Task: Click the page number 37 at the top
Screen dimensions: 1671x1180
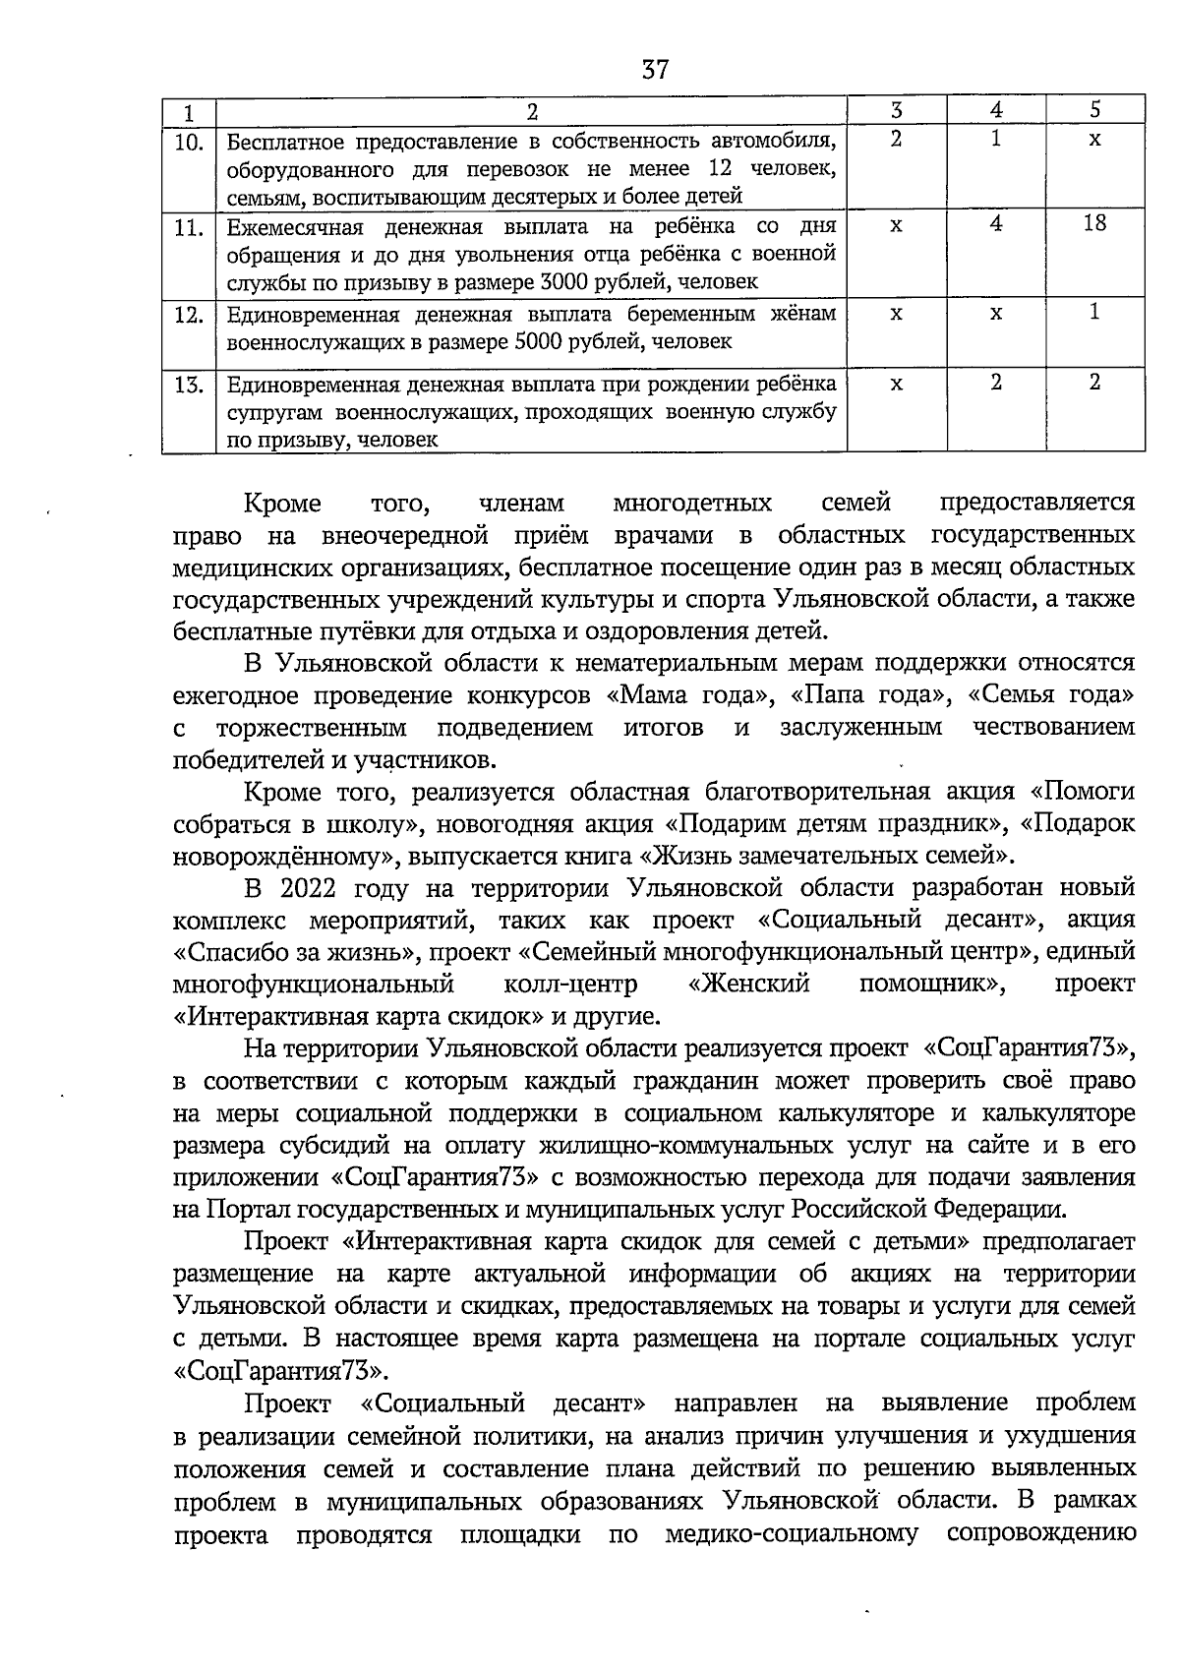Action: pos(655,70)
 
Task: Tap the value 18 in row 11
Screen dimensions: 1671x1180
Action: pos(1094,223)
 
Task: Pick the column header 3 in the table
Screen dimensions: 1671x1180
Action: pos(895,110)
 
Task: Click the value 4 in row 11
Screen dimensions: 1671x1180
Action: pos(996,223)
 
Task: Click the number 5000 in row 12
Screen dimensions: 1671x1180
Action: pos(537,341)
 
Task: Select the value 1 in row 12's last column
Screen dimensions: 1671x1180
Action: pos(1094,312)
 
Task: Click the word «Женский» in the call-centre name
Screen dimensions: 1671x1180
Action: pos(749,984)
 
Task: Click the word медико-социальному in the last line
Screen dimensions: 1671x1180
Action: pos(792,1533)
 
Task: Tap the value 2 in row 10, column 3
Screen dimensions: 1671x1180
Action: pos(895,140)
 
